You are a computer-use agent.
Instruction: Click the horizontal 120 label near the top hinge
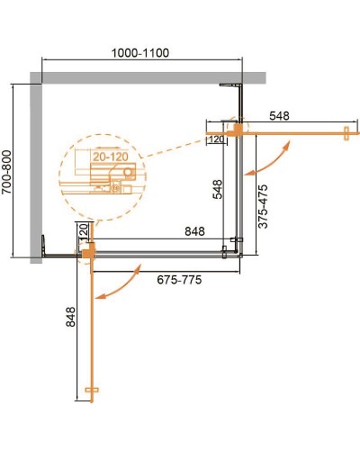216,139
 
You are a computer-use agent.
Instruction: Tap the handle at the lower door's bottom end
89,389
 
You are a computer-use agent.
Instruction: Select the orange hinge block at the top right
238,130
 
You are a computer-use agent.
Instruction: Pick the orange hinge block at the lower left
87,256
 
